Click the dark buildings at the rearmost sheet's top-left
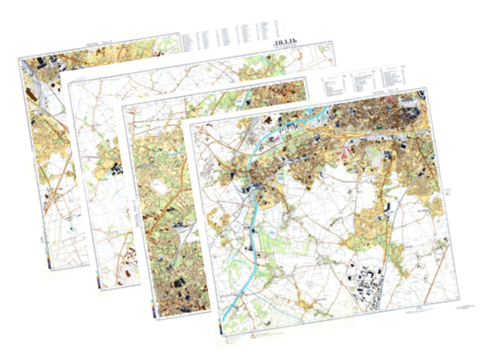coord(43,65)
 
